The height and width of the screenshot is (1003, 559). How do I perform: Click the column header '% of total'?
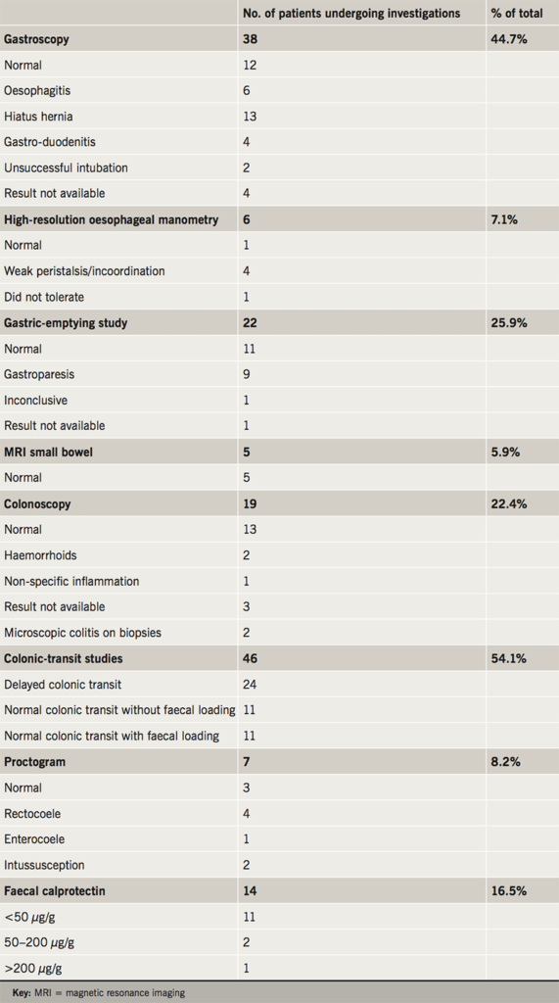click(x=517, y=14)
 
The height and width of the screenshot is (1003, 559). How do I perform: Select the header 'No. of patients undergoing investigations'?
click(x=350, y=14)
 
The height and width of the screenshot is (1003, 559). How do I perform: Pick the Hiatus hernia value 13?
click(x=250, y=117)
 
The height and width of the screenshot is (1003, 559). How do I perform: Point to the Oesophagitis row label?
click(x=37, y=91)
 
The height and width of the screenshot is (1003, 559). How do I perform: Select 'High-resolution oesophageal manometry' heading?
click(x=111, y=219)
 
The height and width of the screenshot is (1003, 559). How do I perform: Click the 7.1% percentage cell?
click(x=503, y=219)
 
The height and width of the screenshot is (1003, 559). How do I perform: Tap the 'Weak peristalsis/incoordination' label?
click(x=84, y=271)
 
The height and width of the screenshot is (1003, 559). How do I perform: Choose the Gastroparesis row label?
click(x=38, y=374)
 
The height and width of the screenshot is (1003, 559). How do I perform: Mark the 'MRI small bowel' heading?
click(x=50, y=453)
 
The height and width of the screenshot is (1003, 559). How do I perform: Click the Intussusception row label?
click(x=44, y=865)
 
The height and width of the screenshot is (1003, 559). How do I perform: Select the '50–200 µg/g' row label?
click(x=38, y=942)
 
